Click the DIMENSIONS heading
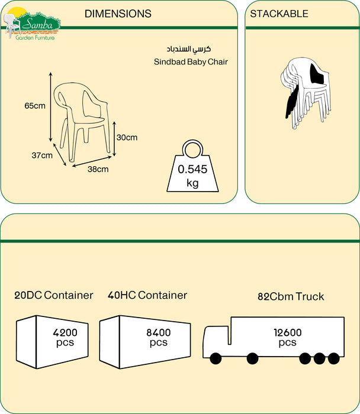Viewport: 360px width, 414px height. [118, 14]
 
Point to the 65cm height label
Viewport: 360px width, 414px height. [35, 106]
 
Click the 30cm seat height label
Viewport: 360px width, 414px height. [127, 138]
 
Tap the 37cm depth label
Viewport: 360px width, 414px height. [42, 156]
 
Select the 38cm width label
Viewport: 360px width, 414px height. [98, 169]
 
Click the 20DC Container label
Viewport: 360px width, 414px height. [54, 295]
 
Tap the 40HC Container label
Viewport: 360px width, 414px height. [147, 295]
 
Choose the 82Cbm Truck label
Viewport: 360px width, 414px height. [291, 296]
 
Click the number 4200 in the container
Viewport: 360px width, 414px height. [65, 332]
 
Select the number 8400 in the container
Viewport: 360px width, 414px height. [158, 332]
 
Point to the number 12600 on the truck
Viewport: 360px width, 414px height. [287, 332]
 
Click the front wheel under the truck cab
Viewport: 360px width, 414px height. [214, 358]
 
